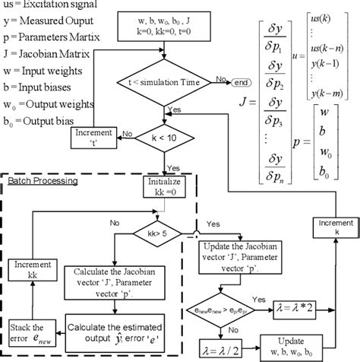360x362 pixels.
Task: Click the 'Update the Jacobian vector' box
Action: click(x=244, y=256)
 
